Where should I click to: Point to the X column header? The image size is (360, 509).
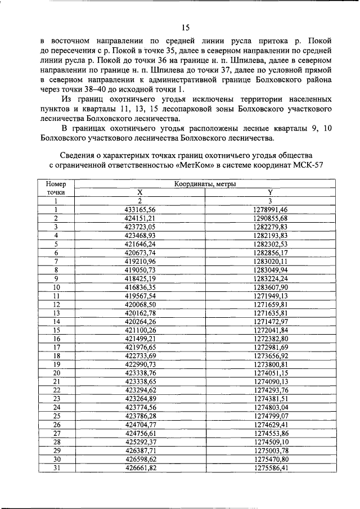click(x=141, y=192)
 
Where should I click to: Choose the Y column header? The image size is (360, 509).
click(x=270, y=192)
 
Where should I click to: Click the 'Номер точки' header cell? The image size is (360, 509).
click(x=56, y=188)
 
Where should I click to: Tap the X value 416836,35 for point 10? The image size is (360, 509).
click(x=141, y=287)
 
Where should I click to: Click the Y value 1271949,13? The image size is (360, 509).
click(x=270, y=295)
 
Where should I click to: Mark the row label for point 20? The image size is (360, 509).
click(x=56, y=373)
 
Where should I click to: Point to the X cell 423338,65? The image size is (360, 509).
click(x=141, y=381)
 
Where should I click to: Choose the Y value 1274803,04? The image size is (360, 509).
click(x=270, y=407)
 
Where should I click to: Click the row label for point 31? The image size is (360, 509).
click(x=56, y=467)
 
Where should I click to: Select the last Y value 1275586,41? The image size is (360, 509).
click(x=270, y=467)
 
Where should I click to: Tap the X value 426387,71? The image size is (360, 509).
click(x=141, y=451)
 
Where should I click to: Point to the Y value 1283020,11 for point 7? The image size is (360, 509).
click(x=270, y=261)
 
